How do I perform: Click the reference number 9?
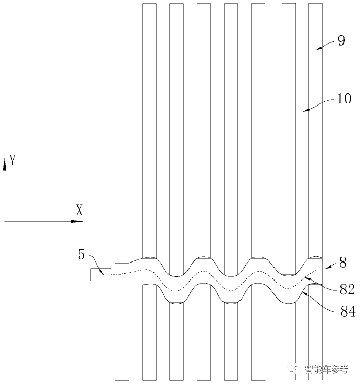click(x=341, y=41)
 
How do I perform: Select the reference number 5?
click(x=82, y=254)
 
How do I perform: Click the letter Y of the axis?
click(x=13, y=161)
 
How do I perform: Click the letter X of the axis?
click(x=79, y=210)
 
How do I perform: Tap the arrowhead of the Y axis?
click(x=5, y=159)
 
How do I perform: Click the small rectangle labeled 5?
click(x=100, y=275)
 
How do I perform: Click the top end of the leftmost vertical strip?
click(x=122, y=5)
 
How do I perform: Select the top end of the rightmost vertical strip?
click(x=315, y=4)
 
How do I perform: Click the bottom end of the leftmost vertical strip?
click(x=122, y=380)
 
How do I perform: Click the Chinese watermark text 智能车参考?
click(x=327, y=369)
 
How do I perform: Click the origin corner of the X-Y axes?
click(x=5, y=221)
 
